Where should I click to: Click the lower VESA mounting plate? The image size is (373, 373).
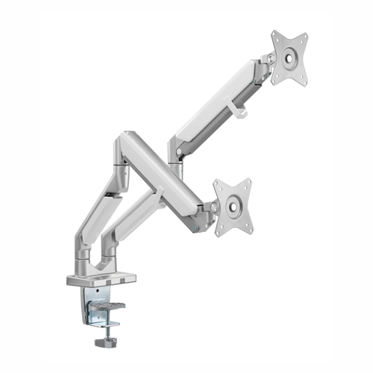(x=233, y=207)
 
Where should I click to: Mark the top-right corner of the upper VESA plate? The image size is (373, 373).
(x=306, y=34)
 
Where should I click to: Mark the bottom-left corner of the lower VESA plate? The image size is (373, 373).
(x=217, y=234)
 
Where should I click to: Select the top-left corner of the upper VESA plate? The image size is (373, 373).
(x=274, y=34)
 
